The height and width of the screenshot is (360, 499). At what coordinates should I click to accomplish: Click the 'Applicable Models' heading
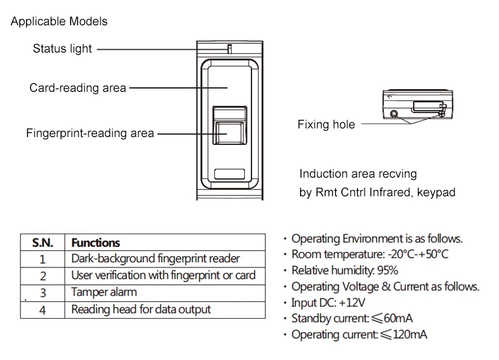(x=59, y=21)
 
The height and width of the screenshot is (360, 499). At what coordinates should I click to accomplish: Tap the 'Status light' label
(x=63, y=49)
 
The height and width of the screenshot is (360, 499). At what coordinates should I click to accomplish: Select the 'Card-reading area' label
(x=77, y=88)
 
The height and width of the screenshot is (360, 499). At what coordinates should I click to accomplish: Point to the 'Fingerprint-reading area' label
(x=90, y=133)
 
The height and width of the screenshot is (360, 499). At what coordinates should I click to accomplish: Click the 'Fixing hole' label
(x=326, y=124)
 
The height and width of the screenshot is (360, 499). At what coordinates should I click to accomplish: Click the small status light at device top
(x=228, y=49)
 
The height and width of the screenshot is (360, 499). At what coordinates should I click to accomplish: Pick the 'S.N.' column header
(x=42, y=243)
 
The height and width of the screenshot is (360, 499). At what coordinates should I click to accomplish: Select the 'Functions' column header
(x=95, y=243)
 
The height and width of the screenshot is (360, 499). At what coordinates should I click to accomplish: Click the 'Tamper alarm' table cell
(x=104, y=292)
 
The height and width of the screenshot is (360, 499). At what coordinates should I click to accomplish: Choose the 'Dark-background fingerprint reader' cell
(x=155, y=259)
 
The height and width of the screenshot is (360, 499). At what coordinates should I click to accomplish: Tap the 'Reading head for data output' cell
(x=140, y=309)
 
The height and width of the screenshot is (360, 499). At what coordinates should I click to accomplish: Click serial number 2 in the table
(x=43, y=275)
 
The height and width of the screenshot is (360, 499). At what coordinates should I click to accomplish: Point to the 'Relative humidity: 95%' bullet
(x=345, y=270)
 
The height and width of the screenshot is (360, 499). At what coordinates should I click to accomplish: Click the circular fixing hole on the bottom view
(x=395, y=114)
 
